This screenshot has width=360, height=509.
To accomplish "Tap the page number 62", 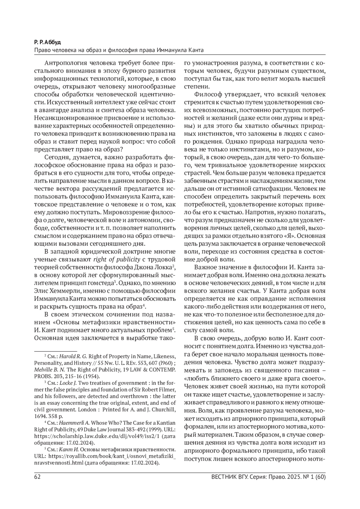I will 37,477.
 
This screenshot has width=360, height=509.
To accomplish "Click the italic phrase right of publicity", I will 117,259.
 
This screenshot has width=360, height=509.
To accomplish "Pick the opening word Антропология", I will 63,63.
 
